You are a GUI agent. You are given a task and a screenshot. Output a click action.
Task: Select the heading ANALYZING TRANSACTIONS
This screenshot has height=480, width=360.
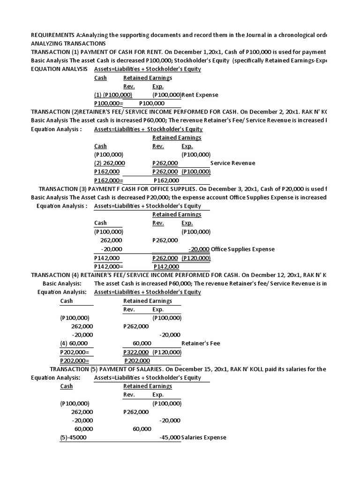click(x=68, y=44)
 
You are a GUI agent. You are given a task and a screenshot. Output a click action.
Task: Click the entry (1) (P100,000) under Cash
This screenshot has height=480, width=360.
click(x=113, y=95)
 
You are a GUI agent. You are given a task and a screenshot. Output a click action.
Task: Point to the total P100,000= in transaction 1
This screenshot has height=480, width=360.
click(x=108, y=103)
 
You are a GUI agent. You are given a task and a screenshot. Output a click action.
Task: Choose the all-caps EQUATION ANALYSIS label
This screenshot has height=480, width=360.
click(x=59, y=69)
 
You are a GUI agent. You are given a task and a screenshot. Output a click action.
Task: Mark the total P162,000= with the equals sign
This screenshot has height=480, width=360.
click(x=108, y=180)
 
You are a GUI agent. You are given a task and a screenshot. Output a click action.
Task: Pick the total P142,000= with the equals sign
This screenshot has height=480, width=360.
click(x=108, y=266)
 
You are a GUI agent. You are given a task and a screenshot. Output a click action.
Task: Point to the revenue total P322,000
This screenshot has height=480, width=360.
click(x=136, y=352)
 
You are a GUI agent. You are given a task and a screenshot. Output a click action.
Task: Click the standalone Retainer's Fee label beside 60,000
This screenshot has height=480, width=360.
click(x=201, y=343)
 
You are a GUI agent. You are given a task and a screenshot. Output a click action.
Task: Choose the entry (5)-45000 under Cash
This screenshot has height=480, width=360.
click(x=73, y=437)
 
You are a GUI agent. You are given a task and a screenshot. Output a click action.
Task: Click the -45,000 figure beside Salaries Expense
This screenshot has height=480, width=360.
click(x=170, y=437)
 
